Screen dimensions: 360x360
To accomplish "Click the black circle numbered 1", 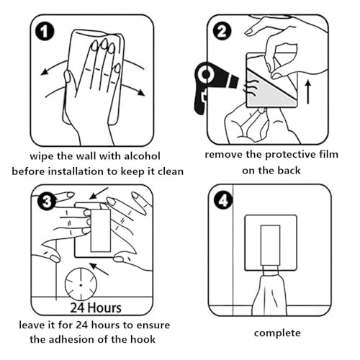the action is tap(45, 32).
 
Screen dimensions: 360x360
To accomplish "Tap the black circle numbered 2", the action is tap(222, 31).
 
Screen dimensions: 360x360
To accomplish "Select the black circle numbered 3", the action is tap(47, 202).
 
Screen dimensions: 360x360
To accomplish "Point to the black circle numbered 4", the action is tap(223, 201).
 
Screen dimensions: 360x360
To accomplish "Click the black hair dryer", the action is tap(211, 84).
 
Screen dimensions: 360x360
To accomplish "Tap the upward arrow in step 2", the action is tap(308, 92).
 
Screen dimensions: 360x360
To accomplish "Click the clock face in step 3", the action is tap(81, 284).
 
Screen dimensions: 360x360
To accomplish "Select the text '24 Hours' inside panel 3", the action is tap(96, 308).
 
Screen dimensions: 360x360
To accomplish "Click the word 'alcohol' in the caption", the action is tap(142, 156).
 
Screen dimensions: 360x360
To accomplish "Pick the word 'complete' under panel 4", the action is tap(277, 333).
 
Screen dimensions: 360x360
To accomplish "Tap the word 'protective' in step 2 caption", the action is tap(291, 155).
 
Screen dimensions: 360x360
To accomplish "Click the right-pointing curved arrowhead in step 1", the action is tap(140, 92).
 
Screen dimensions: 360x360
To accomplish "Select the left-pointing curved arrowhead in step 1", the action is tap(44, 72).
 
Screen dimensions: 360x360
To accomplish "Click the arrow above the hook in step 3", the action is tap(99, 193).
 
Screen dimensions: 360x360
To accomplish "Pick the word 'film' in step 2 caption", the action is tap(329, 154).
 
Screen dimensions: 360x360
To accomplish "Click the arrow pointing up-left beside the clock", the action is tap(99, 269).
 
